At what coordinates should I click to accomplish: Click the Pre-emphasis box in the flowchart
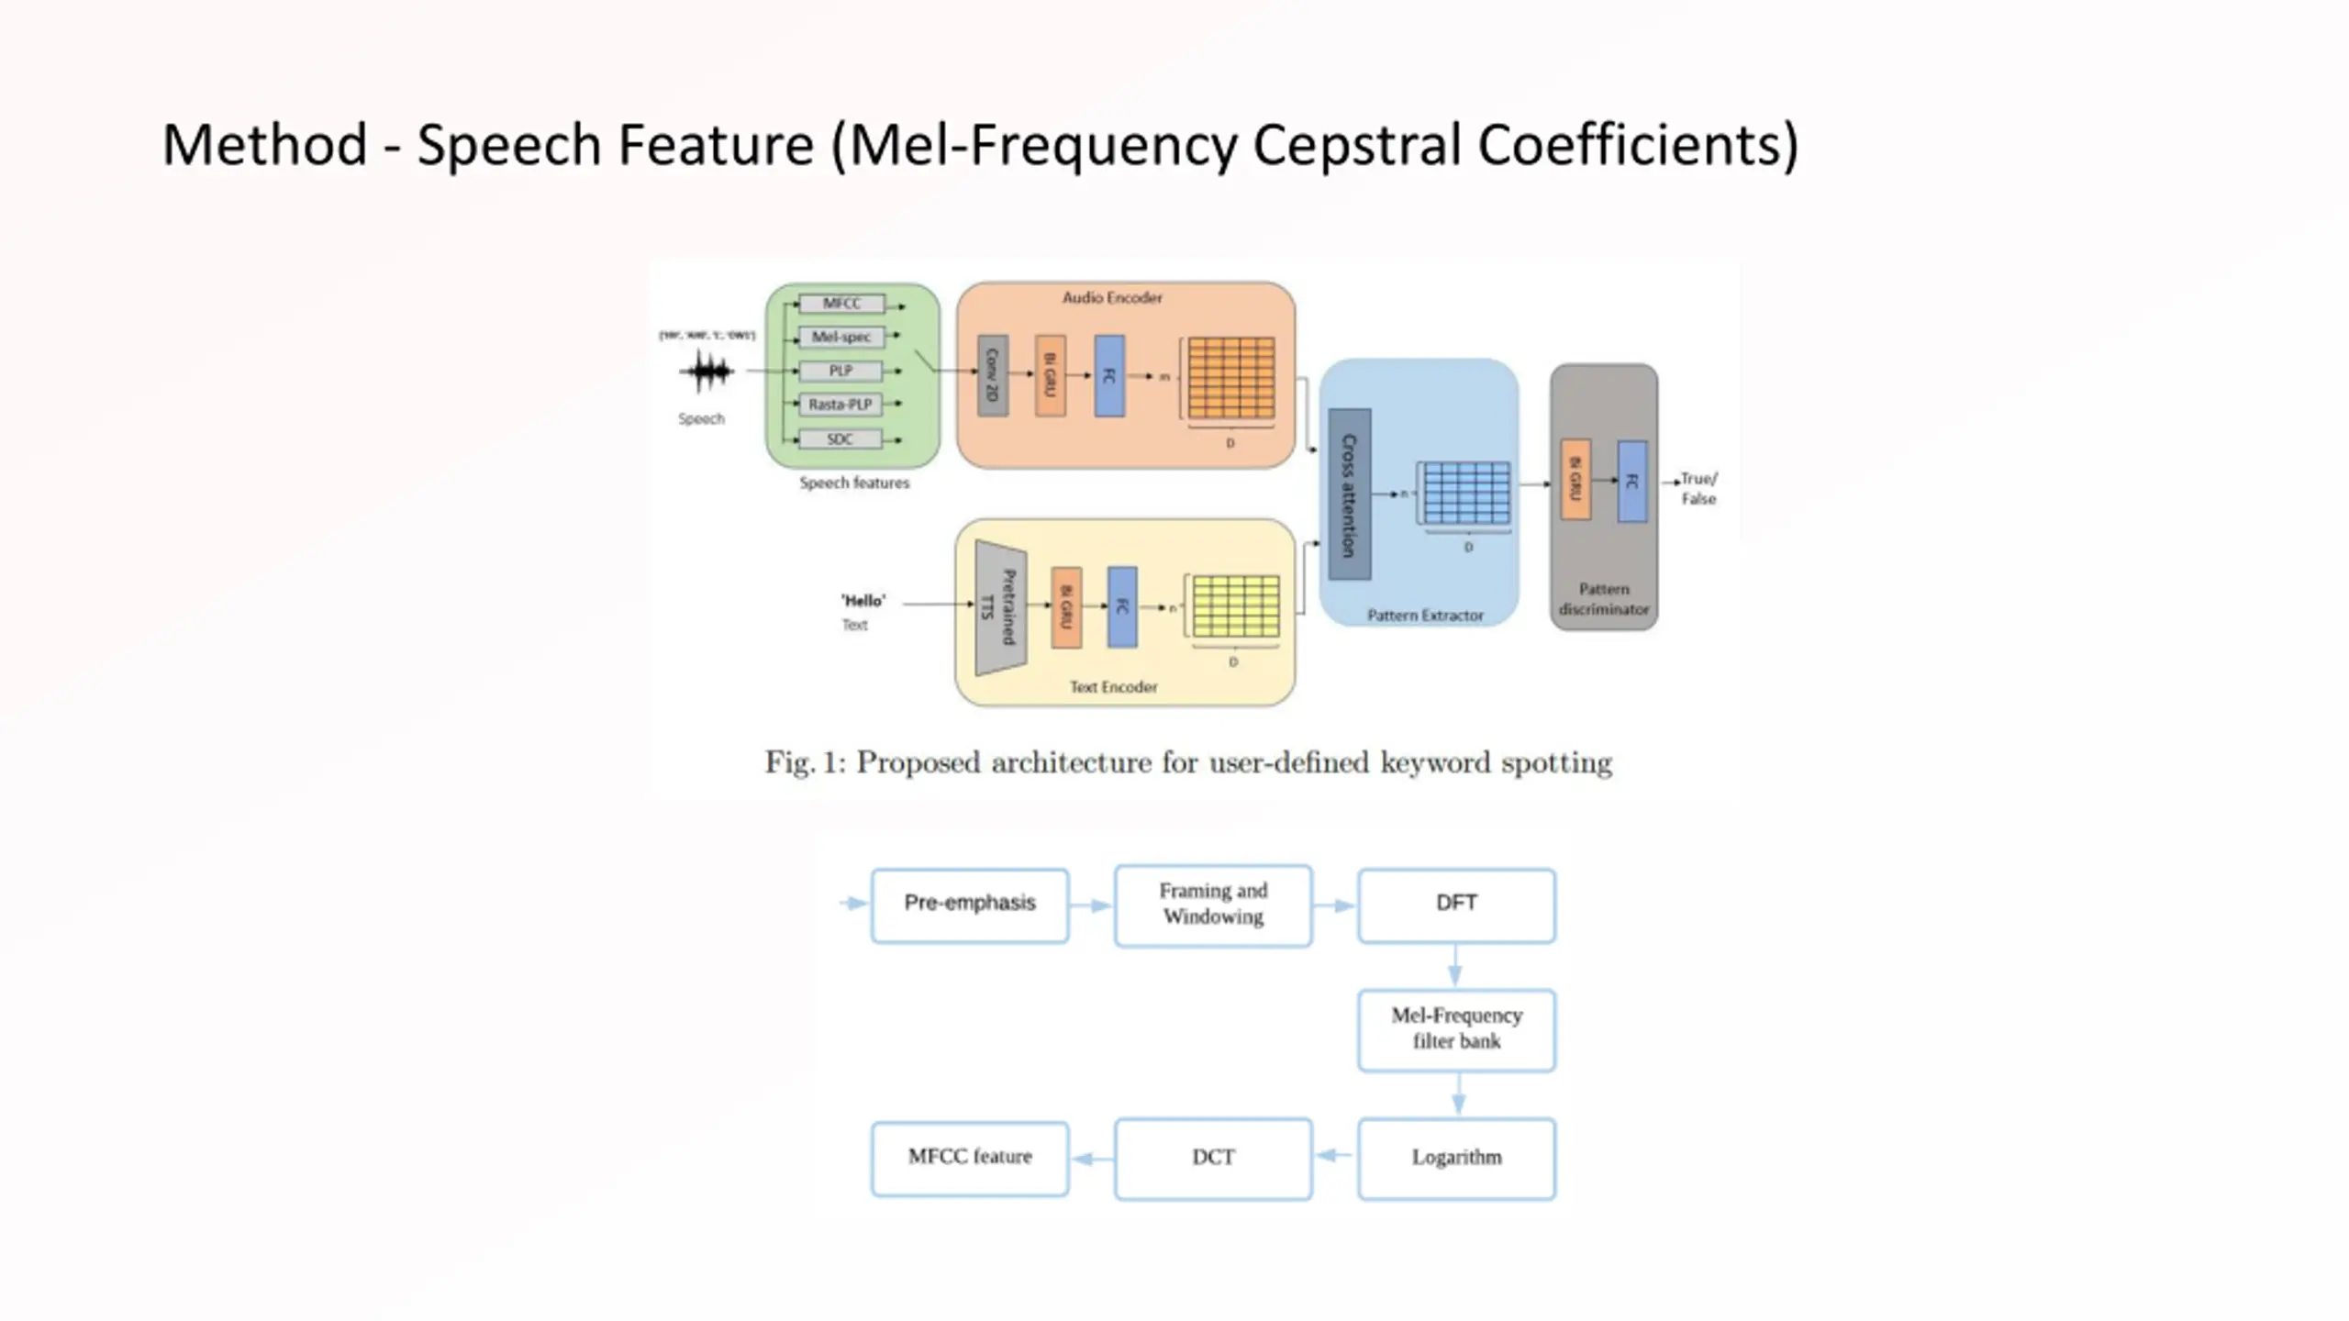pos(970,905)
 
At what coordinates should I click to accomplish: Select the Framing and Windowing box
pos(1213,905)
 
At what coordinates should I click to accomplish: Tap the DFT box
pos(1456,905)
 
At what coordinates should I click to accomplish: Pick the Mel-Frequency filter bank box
pos(1456,1029)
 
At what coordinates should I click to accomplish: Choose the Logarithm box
pos(1456,1158)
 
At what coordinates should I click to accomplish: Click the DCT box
pos(1213,1158)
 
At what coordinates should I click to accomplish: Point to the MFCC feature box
pos(970,1158)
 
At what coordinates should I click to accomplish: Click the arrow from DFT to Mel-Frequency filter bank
pos(1455,966)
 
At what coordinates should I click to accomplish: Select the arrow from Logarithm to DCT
pos(1334,1155)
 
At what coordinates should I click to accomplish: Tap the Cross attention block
pos(1350,494)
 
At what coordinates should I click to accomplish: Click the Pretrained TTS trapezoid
pos(1000,607)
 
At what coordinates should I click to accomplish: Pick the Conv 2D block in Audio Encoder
pos(993,375)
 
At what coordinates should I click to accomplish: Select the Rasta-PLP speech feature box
pos(841,405)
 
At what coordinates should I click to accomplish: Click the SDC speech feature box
pos(841,439)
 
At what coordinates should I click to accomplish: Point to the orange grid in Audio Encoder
pos(1231,378)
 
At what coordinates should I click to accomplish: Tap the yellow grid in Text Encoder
pos(1236,606)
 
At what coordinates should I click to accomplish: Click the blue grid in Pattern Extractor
pos(1466,494)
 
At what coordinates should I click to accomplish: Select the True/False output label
pos(1698,489)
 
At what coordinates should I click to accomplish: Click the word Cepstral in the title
pos(1356,145)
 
